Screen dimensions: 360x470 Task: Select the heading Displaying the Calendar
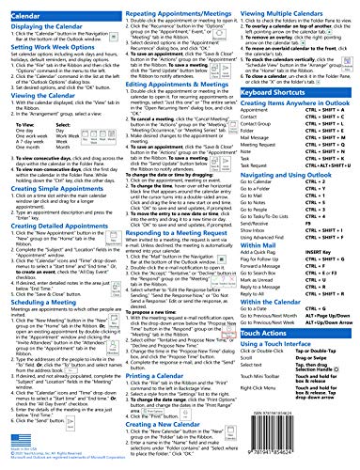(x=46, y=23)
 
